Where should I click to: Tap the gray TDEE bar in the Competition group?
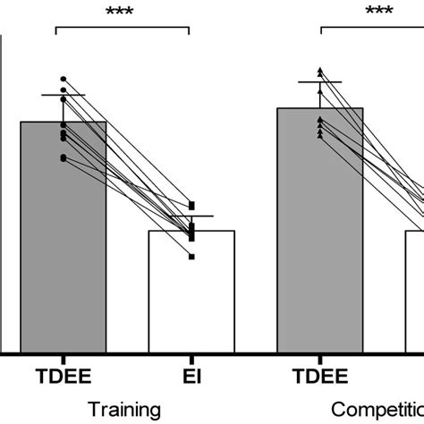(320, 233)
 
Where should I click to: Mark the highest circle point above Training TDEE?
(63, 79)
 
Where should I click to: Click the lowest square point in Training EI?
(191, 257)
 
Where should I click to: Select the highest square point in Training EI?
(191, 205)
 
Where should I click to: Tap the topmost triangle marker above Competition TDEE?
(320, 70)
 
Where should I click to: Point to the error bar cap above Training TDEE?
(63, 95)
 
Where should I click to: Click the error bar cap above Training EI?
(191, 216)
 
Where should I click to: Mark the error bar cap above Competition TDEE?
(320, 82)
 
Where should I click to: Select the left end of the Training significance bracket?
(55, 31)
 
